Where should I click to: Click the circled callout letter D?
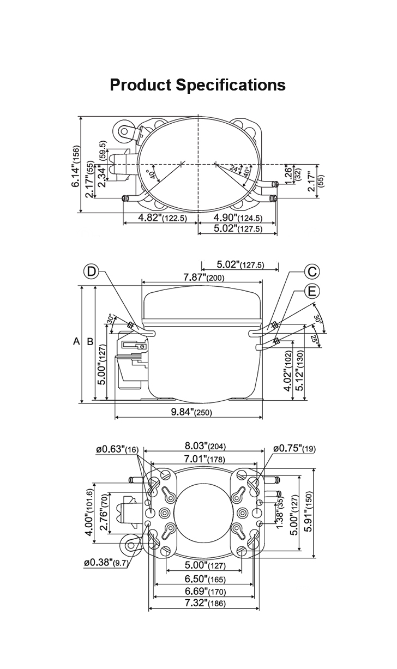click(x=92, y=272)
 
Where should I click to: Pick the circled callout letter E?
click(x=312, y=292)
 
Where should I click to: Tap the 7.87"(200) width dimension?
click(x=202, y=278)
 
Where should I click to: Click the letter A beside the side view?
click(x=77, y=342)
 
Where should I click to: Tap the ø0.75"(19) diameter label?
click(x=294, y=449)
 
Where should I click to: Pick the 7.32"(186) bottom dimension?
click(x=204, y=603)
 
